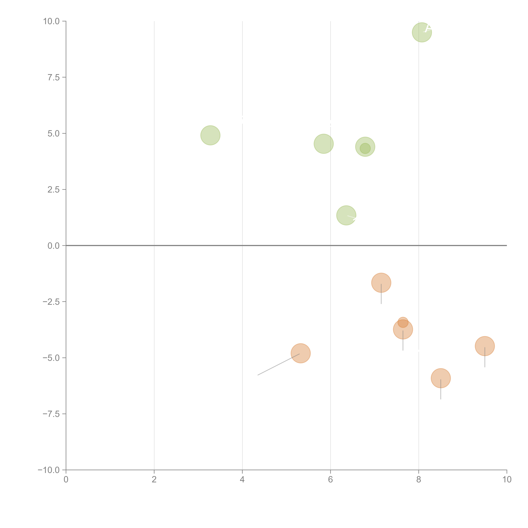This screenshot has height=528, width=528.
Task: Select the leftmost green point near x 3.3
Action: point(210,135)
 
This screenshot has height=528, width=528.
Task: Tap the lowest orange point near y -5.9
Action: point(441,378)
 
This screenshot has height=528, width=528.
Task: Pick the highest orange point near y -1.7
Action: point(381,283)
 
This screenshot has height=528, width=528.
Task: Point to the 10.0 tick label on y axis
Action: point(51,21)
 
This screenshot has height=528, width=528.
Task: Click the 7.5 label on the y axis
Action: point(54,77)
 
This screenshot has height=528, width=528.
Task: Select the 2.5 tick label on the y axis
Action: point(54,190)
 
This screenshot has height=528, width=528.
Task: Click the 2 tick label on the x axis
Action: point(154,479)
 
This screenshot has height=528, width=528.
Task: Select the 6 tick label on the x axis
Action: point(330,479)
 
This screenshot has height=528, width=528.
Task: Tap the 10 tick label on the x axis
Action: point(507,479)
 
